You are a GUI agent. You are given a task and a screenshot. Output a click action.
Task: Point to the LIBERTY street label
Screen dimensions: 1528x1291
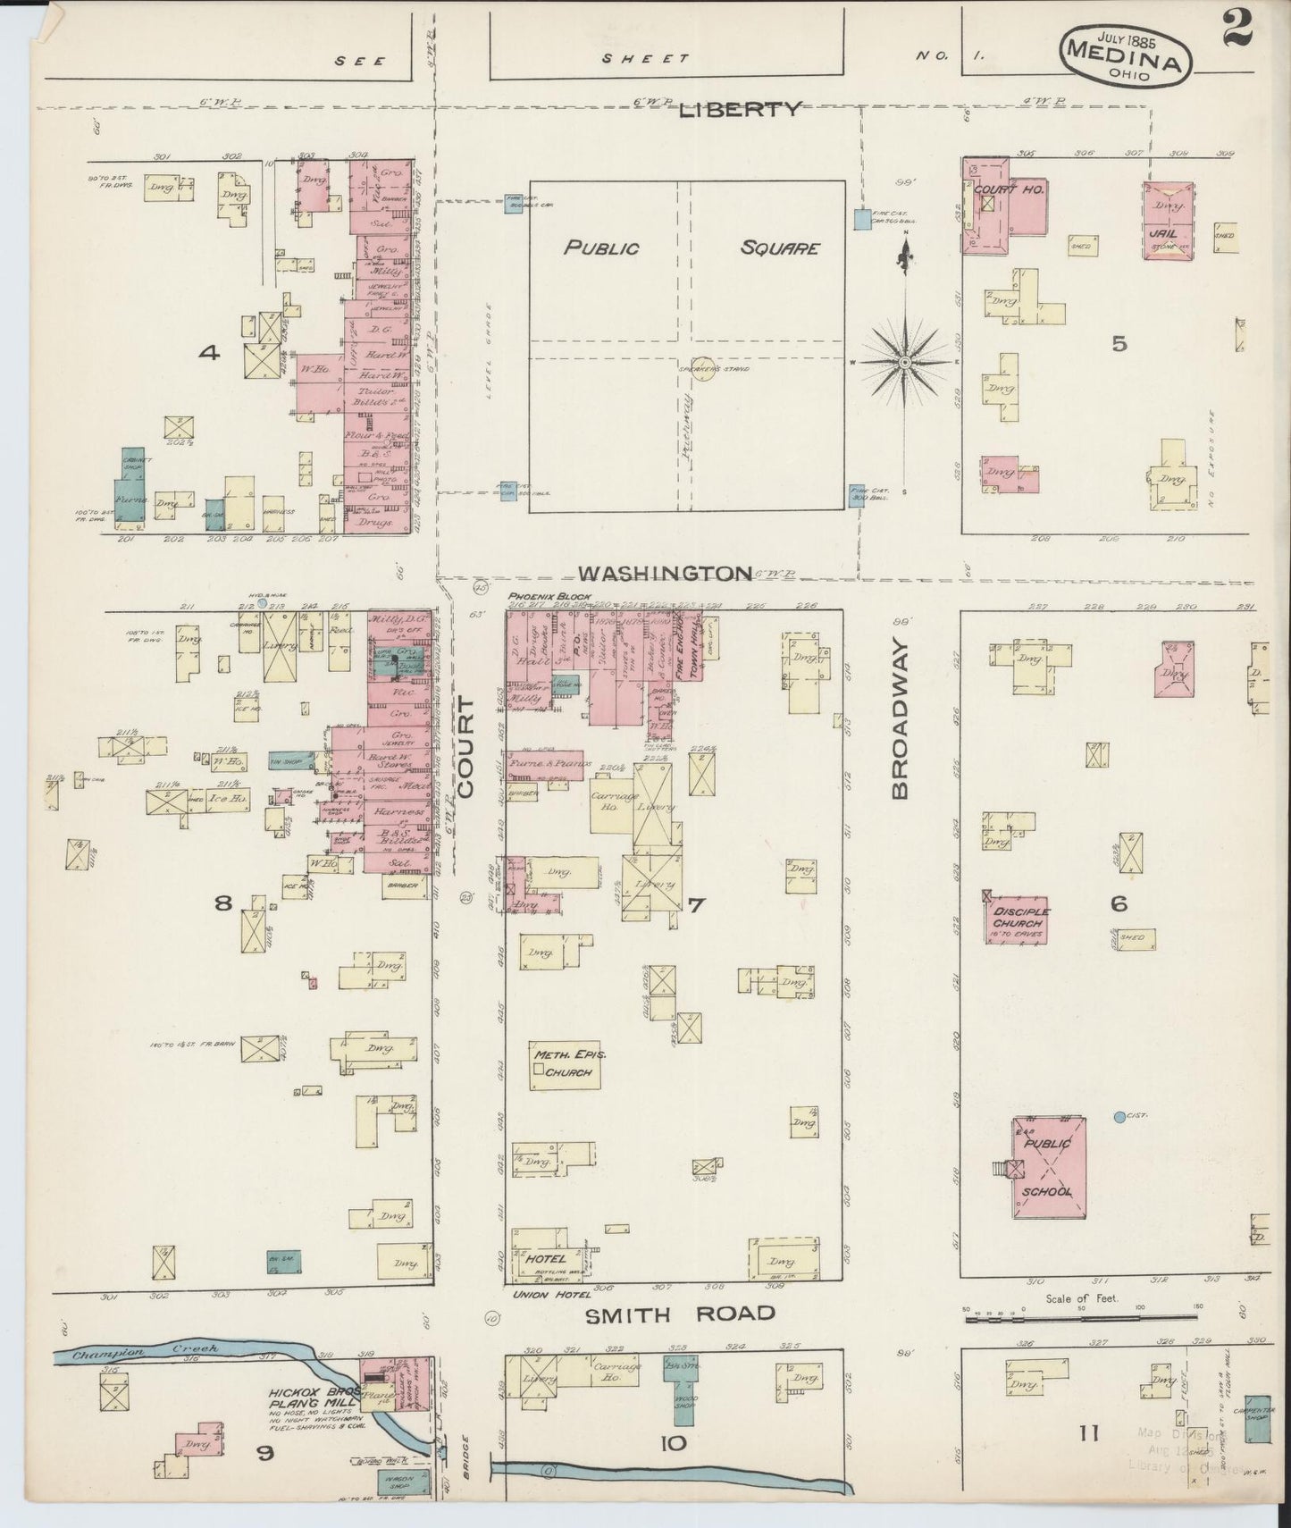(x=740, y=110)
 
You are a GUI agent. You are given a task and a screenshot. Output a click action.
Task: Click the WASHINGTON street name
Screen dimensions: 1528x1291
(x=666, y=573)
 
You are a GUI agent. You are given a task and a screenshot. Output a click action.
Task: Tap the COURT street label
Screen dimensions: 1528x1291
(x=468, y=748)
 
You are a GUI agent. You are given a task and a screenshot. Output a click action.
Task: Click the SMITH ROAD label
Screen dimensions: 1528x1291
(x=679, y=1314)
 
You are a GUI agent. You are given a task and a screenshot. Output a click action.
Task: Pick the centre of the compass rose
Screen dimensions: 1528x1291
(x=904, y=362)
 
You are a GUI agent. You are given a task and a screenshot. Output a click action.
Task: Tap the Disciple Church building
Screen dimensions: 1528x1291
(x=1017, y=920)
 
